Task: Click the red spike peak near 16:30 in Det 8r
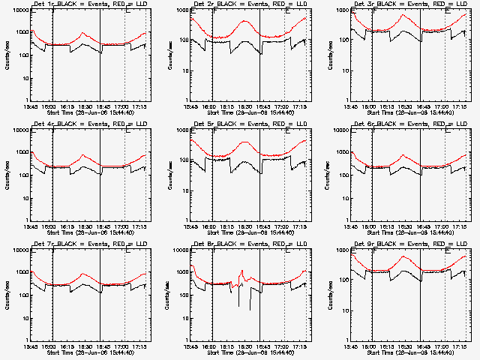click(x=242, y=271)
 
